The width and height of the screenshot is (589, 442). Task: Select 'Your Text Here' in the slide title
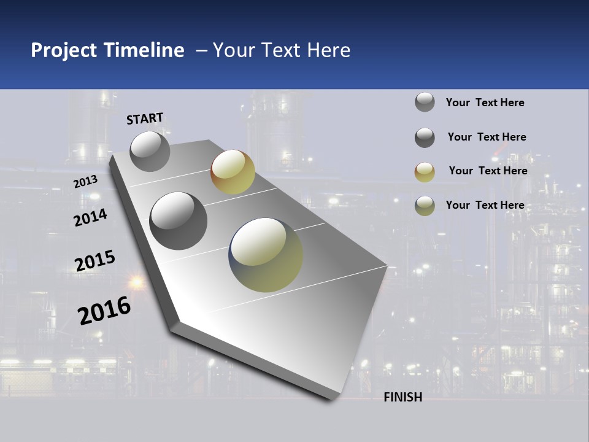coord(282,50)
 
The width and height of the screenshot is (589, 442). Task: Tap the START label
coord(145,118)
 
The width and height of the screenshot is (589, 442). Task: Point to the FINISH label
coord(403,397)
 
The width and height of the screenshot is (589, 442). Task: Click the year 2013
coord(86,181)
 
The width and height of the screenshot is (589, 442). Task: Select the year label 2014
coord(90,218)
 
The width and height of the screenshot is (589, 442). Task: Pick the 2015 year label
coord(95,261)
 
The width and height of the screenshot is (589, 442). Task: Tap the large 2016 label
coord(104,310)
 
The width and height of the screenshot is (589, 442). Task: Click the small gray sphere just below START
coord(150,151)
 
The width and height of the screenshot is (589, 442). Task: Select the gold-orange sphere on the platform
coord(233,172)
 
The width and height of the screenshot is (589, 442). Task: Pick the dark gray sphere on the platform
coord(179,220)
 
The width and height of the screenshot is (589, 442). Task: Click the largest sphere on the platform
coord(266,255)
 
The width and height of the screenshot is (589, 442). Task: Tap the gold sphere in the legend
coord(425,172)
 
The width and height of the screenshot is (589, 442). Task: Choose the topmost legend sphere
coord(425,102)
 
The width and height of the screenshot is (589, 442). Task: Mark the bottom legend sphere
coord(425,206)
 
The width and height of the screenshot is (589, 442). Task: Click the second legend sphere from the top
coord(425,138)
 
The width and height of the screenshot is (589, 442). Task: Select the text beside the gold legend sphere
coord(488,171)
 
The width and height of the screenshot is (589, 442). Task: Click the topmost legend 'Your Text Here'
coord(485,103)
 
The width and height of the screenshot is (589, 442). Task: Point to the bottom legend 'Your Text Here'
coord(485,205)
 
